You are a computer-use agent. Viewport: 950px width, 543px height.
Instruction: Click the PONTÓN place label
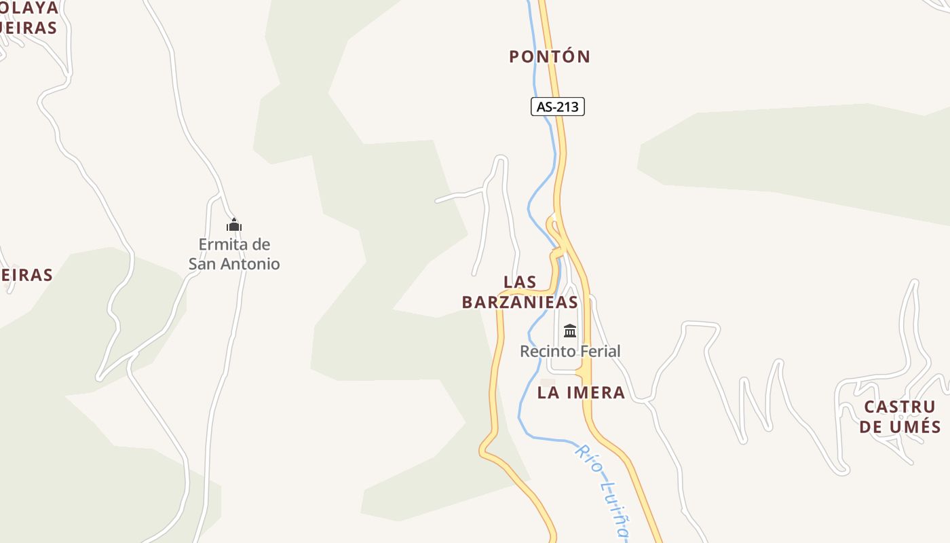click(550, 56)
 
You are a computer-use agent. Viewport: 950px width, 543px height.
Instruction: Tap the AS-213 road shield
click(557, 107)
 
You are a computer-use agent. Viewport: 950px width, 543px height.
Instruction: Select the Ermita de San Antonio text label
click(234, 254)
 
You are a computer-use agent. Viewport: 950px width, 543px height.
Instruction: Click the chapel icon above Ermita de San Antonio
click(234, 225)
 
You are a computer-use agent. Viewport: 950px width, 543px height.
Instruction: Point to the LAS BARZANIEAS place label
click(520, 292)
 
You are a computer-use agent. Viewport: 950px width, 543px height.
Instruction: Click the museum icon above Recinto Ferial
click(570, 331)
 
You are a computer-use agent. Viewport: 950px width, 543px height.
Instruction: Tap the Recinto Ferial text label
click(570, 351)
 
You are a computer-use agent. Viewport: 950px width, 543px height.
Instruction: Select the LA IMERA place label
click(581, 392)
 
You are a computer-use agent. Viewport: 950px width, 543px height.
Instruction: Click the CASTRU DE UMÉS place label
click(900, 417)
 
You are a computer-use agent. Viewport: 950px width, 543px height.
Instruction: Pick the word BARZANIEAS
click(520, 302)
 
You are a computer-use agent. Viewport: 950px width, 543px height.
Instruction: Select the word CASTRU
click(900, 407)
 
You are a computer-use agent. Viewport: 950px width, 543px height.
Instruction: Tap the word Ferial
click(598, 351)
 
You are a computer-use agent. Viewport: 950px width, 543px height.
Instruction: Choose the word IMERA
click(597, 392)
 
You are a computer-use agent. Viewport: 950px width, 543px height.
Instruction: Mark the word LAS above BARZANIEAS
click(520, 282)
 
